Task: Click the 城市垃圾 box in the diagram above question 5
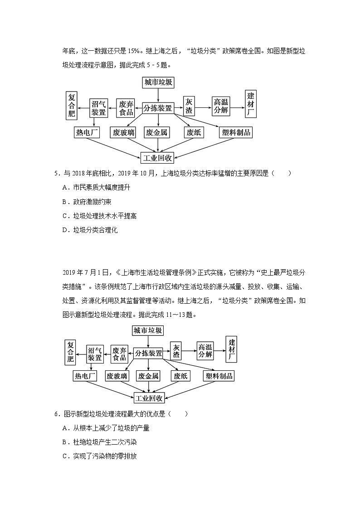click(158, 82)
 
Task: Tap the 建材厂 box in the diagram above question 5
click(251, 104)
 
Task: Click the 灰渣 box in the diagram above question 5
click(189, 107)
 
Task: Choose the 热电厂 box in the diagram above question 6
click(85, 376)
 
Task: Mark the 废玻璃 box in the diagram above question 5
click(124, 132)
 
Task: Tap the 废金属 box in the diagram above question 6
click(149, 376)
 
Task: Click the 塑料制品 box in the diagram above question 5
click(235, 132)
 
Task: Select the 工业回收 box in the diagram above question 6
click(149, 398)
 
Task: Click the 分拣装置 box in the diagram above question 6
click(149, 353)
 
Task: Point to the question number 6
click(56, 413)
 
